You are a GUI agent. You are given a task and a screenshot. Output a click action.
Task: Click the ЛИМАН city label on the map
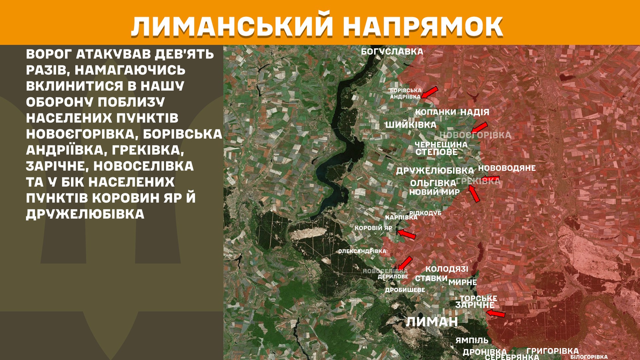pyautogui.click(x=432, y=322)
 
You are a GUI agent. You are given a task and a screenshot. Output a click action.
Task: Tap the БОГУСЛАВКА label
pyautogui.click(x=392, y=52)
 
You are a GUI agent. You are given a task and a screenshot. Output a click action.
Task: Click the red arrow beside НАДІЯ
pyautogui.click(x=479, y=127)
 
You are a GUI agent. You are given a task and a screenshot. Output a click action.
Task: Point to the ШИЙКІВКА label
pyautogui.click(x=411, y=125)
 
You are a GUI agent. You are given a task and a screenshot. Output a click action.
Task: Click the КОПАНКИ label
pyautogui.click(x=435, y=112)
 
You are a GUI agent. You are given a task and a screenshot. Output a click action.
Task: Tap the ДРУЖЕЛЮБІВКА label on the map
pyautogui.click(x=435, y=171)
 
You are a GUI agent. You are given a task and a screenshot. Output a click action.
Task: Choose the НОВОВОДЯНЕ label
pyautogui.click(x=507, y=168)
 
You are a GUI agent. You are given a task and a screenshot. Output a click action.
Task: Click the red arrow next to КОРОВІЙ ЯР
pyautogui.click(x=407, y=234)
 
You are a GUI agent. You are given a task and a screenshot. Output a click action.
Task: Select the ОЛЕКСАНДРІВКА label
pyautogui.click(x=362, y=251)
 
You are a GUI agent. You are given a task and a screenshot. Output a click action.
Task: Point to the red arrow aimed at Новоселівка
pyautogui.click(x=405, y=263)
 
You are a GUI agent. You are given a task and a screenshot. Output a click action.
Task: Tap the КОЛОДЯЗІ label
pyautogui.click(x=447, y=269)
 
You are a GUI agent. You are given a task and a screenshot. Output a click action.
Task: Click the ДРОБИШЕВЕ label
pyautogui.click(x=405, y=290)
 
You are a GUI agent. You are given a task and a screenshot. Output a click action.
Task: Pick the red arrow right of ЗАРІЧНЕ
pyautogui.click(x=496, y=313)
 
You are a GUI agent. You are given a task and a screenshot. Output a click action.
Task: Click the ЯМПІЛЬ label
pyautogui.click(x=472, y=340)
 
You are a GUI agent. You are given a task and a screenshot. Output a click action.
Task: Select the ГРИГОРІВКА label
pyautogui.click(x=552, y=351)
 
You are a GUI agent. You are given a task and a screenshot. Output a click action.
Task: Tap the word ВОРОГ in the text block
pyautogui.click(x=49, y=54)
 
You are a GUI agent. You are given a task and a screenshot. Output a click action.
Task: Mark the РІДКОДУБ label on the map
pyautogui.click(x=425, y=213)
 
